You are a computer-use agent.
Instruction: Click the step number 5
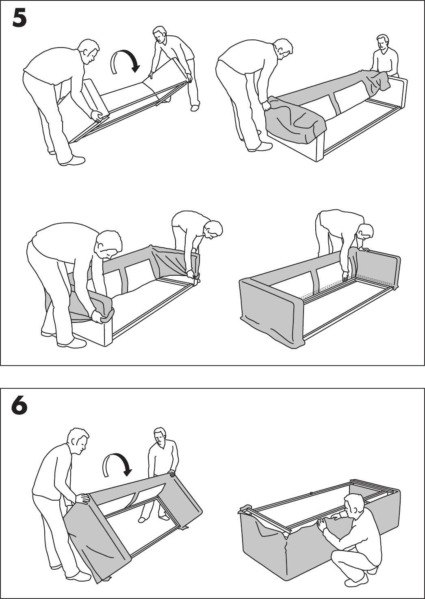click(x=20, y=18)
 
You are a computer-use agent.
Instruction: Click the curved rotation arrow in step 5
click(x=126, y=61)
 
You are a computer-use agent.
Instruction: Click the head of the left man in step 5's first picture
click(x=89, y=50)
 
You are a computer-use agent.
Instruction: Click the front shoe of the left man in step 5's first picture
click(x=72, y=161)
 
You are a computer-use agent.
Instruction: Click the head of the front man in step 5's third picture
click(x=109, y=244)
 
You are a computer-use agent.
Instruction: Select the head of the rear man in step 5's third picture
click(x=212, y=230)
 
